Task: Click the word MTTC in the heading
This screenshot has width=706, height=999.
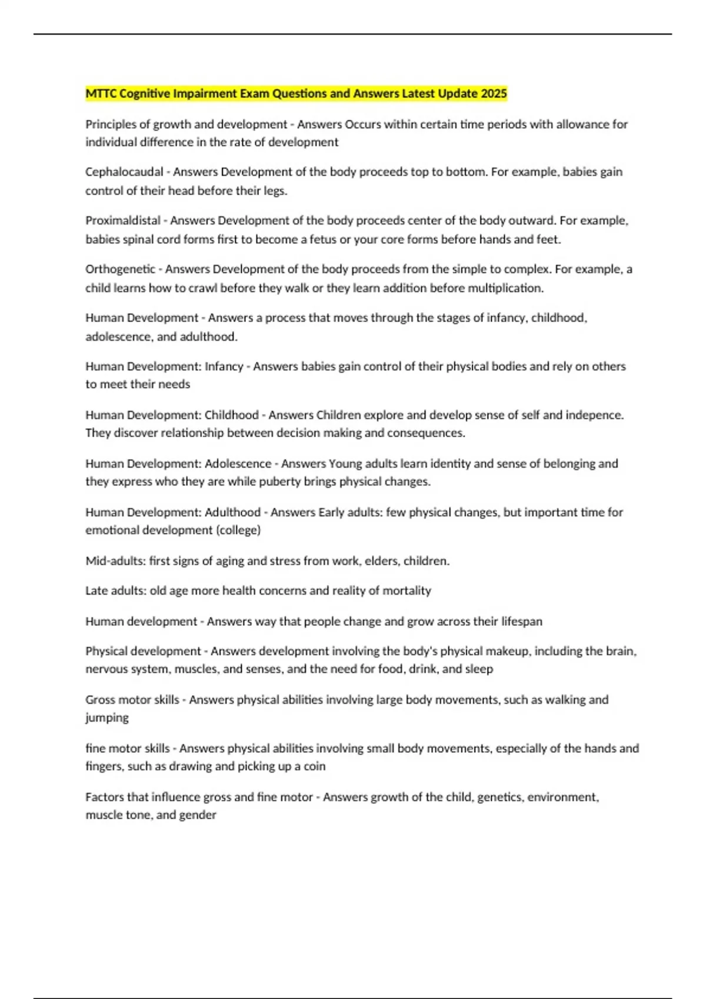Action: pos(101,93)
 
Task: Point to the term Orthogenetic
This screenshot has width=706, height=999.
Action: pos(120,270)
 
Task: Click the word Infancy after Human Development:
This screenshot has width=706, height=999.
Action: pos(224,367)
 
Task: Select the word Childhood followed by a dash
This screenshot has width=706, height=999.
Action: pos(231,415)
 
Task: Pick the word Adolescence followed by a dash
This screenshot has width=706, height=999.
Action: pos(238,464)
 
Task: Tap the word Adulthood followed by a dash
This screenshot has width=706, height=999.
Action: pos(232,512)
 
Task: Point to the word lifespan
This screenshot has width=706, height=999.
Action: pos(521,622)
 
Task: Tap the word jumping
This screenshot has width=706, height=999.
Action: pos(107,718)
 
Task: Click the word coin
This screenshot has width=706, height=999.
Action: pos(314,766)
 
